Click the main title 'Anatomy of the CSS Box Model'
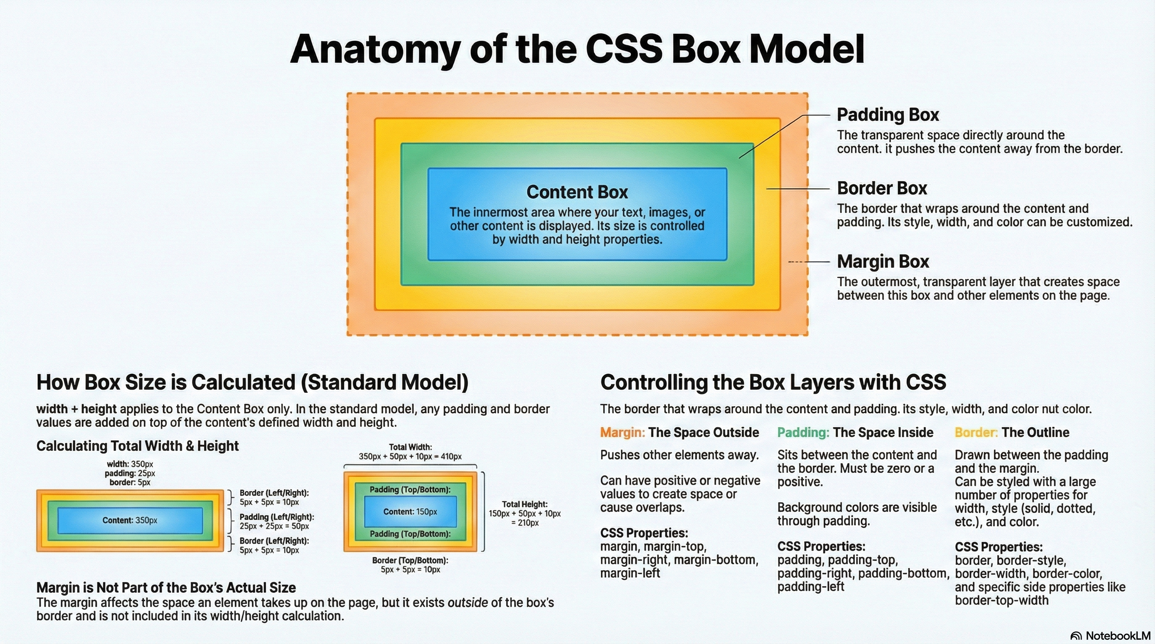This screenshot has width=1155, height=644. [x=577, y=49]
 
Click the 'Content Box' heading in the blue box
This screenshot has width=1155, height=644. [x=577, y=192]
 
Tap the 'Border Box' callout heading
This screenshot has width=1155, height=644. [x=881, y=189]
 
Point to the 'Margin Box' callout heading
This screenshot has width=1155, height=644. [x=883, y=262]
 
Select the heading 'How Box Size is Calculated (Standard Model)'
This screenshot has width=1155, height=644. [x=252, y=382]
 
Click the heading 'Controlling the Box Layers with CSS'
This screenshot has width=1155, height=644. [x=773, y=382]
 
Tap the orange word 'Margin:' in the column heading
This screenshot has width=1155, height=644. [x=622, y=433]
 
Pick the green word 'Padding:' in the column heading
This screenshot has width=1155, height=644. [x=803, y=433]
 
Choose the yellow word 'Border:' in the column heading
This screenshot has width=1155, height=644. [x=976, y=433]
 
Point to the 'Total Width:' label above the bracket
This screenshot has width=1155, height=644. [x=410, y=447]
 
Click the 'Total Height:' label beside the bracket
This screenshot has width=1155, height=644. [x=525, y=504]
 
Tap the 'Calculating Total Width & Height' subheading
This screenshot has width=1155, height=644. [x=137, y=446]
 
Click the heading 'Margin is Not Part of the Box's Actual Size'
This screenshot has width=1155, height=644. [x=166, y=587]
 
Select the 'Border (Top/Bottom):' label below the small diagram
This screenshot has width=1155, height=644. [x=410, y=560]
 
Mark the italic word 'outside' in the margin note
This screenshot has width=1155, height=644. [x=468, y=603]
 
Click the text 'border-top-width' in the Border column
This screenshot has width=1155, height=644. [x=1001, y=600]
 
